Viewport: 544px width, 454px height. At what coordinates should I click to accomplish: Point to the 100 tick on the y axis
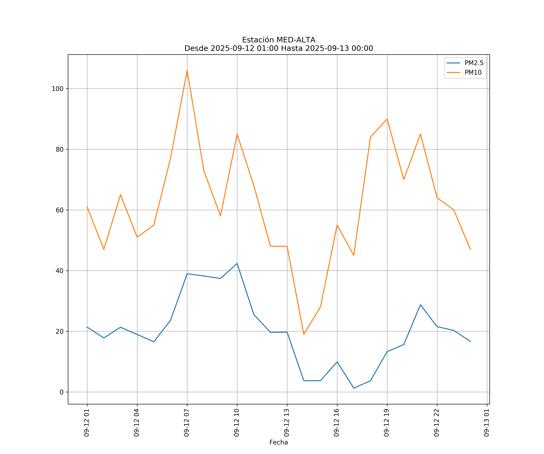coord(58,89)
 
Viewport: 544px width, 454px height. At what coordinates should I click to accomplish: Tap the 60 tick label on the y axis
coord(60,210)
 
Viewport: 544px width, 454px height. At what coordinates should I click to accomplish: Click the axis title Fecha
coord(278,442)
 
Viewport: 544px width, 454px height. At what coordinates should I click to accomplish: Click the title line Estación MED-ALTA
coord(278,40)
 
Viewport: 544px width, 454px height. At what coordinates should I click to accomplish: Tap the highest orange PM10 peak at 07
coord(187,70)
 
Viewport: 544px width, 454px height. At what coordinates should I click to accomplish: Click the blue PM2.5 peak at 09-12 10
coord(237,264)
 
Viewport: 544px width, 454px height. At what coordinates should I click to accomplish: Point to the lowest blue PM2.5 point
coord(354,388)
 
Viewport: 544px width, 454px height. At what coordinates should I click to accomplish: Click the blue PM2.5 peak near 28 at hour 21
coord(420,305)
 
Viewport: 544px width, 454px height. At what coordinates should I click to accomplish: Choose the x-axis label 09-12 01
coord(87,423)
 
